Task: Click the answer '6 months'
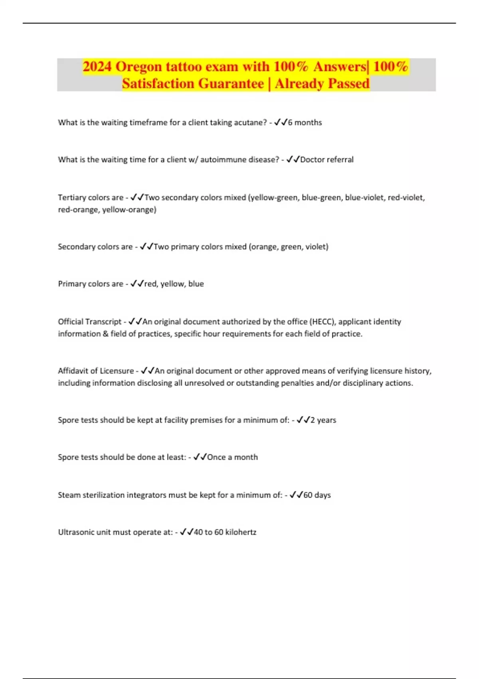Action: pyautogui.click(x=305, y=123)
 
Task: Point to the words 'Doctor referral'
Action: pyautogui.click(x=327, y=160)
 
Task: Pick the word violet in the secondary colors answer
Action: pyautogui.click(x=317, y=247)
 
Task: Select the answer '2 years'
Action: pyautogui.click(x=323, y=420)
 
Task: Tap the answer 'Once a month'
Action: pyautogui.click(x=232, y=457)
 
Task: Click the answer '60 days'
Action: pyautogui.click(x=317, y=495)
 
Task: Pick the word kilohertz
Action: pyautogui.click(x=241, y=532)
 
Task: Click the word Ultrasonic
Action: pyautogui.click(x=77, y=532)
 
